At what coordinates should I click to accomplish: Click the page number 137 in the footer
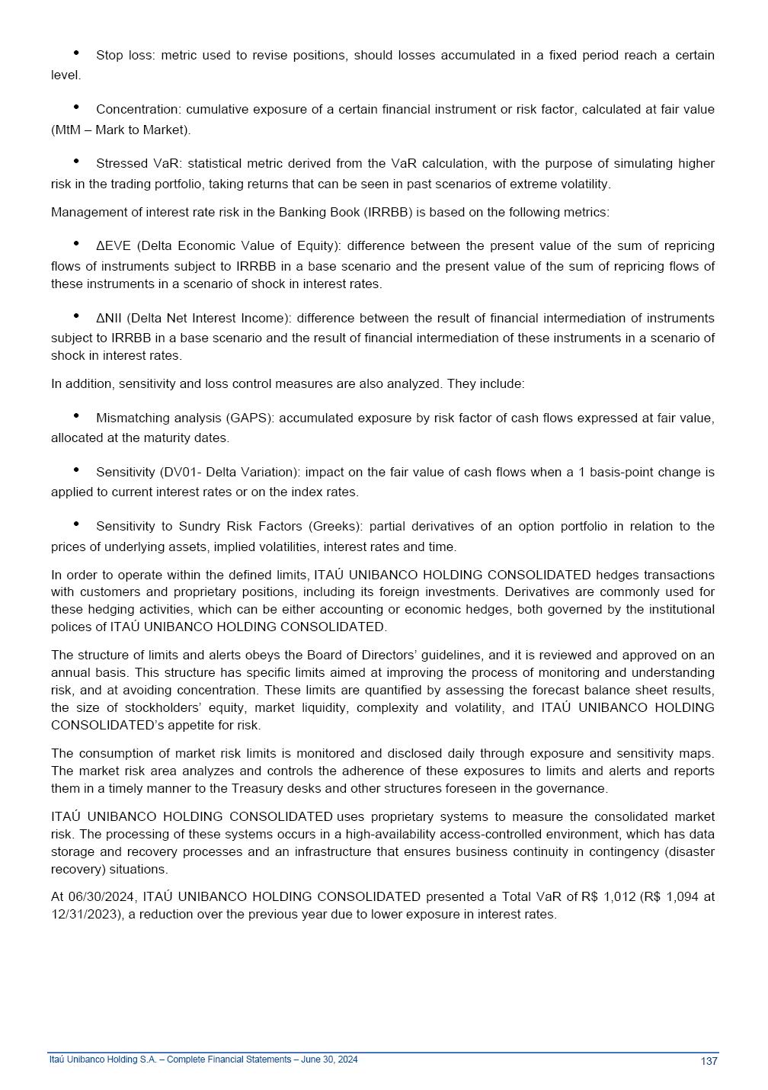pos(709,1061)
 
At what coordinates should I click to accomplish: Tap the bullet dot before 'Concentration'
pos(77,107)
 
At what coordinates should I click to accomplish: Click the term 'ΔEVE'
pos(114,245)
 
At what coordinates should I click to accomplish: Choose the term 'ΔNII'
pos(109,318)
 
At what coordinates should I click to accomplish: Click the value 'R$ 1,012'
pos(608,896)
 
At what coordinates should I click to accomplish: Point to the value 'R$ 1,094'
pos(670,896)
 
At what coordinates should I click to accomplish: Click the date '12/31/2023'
pos(85,914)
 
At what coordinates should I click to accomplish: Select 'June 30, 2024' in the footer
pos(331,1060)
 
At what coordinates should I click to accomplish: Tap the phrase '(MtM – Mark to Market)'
pos(120,130)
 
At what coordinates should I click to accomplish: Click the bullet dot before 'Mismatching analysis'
pos(77,415)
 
